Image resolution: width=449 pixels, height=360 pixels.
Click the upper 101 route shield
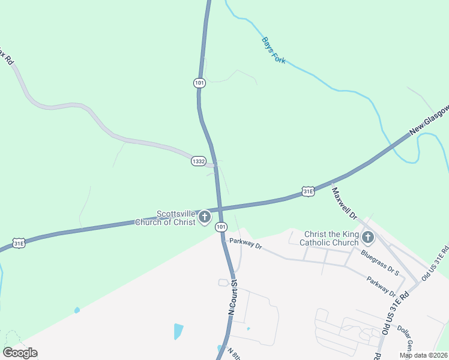pos(199,83)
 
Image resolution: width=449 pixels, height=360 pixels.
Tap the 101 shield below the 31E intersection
pos(221,226)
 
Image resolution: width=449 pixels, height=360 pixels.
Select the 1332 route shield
pos(199,161)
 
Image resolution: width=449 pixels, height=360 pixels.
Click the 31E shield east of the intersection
pos(307,191)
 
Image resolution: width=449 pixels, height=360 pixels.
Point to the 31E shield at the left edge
pos(19,243)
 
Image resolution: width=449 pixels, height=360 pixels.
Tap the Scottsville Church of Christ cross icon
pos(205,217)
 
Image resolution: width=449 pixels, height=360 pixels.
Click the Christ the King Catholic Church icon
pos(368,238)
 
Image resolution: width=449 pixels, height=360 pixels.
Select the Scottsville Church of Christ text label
pos(176,218)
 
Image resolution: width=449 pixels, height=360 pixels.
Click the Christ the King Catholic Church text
pos(331,238)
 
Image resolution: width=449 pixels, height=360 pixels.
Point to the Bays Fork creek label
pos(273,51)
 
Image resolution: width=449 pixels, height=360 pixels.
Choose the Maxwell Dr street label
pos(344,203)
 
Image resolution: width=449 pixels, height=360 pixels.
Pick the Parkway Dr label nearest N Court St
pos(246,243)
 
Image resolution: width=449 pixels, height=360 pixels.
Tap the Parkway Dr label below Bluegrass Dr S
pos(382,286)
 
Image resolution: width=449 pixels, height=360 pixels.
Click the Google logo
pos(20,353)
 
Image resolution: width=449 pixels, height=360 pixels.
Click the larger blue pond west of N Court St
pos(178,331)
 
